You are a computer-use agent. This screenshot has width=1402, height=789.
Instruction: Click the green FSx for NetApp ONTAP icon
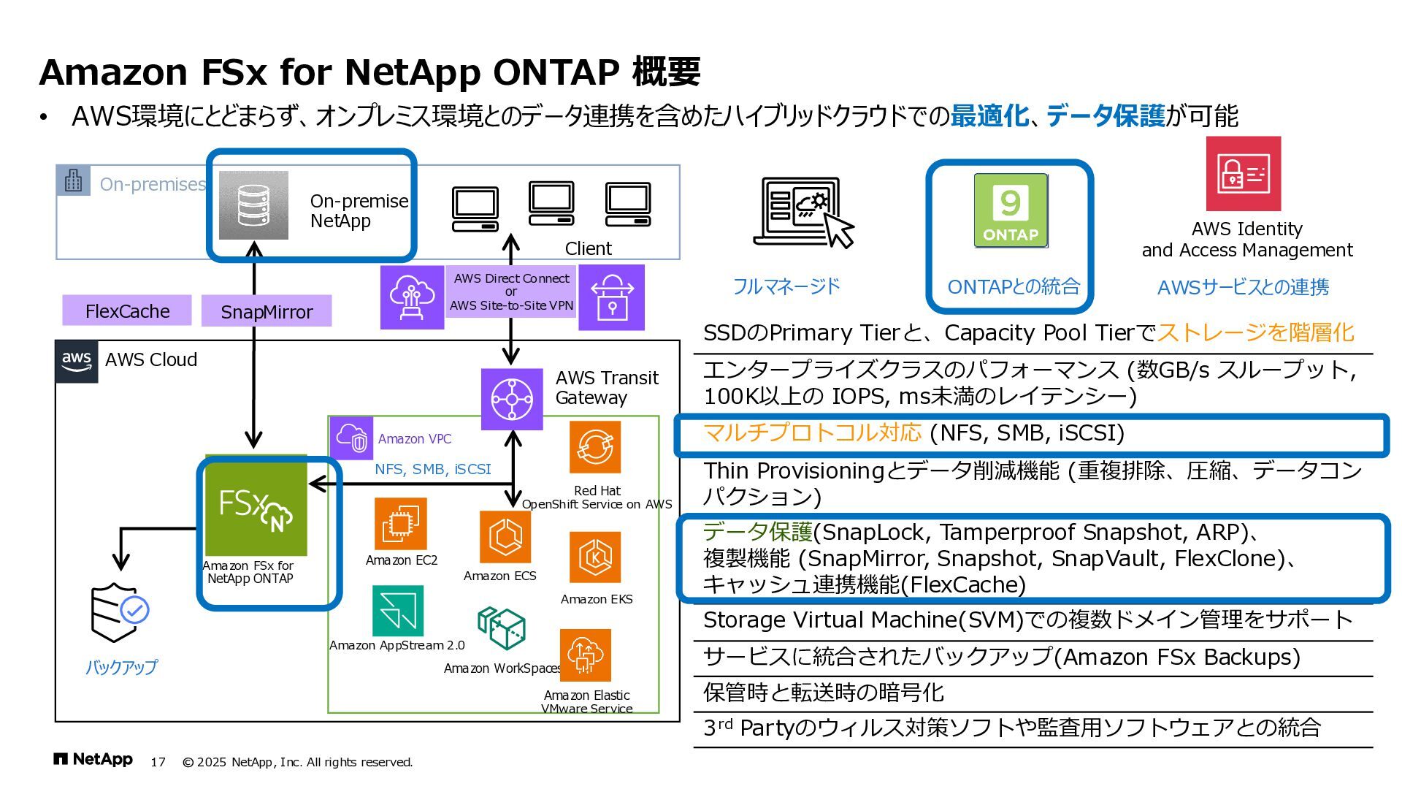pos(256,506)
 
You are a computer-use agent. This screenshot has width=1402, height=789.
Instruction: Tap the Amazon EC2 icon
pos(400,524)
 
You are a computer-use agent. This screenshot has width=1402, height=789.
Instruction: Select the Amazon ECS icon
pos(505,537)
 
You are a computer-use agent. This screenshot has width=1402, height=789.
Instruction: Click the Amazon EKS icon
pos(595,558)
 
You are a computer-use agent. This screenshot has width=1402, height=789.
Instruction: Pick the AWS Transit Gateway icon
pos(512,399)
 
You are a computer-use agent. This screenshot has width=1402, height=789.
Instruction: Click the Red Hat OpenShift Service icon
pos(595,447)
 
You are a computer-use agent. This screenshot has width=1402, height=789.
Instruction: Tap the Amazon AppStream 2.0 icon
pos(397,611)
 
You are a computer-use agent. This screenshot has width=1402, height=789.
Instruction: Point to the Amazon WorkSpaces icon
pos(502,628)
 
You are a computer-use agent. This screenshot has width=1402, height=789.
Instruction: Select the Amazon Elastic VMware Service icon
pos(585,655)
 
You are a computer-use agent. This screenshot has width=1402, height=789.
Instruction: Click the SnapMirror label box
pos(267,311)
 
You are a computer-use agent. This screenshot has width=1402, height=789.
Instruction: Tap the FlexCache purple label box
pos(127,310)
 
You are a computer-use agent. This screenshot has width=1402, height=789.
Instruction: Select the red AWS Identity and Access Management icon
pos(1243,174)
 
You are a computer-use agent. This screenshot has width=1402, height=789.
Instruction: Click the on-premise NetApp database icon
pos(253,205)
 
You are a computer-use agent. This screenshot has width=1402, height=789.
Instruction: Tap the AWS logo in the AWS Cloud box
pos(77,361)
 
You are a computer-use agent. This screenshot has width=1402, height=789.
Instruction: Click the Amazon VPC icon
pos(352,438)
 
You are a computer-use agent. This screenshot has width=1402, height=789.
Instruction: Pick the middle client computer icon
pos(551,204)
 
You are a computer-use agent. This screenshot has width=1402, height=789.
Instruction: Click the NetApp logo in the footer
pos(93,760)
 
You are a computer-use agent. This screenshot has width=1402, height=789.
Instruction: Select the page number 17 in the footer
pos(158,762)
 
